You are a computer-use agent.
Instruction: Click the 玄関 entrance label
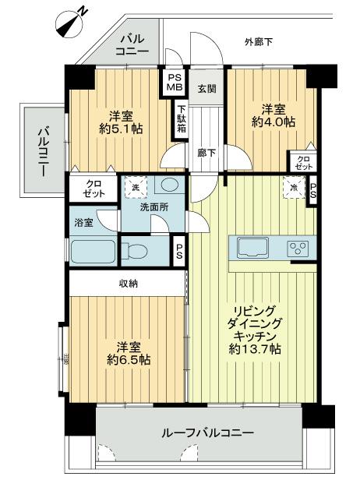206,87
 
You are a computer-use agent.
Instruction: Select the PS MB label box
173,81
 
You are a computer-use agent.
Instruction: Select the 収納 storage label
129,284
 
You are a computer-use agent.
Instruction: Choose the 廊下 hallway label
206,154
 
